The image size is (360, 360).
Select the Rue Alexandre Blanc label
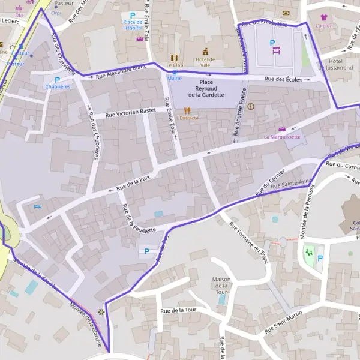tap(122, 71)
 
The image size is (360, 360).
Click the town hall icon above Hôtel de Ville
tap(205, 52)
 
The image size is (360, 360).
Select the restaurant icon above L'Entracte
tap(187, 110)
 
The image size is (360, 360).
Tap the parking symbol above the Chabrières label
tap(58, 79)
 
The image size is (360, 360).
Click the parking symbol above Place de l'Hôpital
tap(132, 15)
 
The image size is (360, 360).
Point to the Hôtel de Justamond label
tap(340, 65)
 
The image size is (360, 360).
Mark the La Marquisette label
tap(282, 137)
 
